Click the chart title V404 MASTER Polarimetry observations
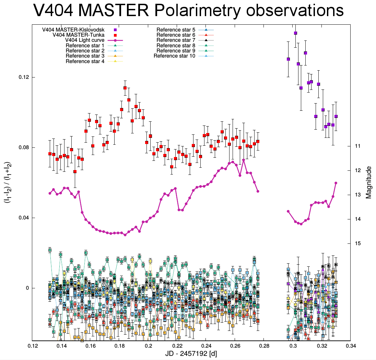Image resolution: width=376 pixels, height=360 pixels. pos(188,11)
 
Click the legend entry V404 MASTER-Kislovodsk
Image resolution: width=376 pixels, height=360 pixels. pos(78,29)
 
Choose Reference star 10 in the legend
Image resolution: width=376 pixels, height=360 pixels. pos(174,56)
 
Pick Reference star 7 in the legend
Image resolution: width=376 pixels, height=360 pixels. pos(176,40)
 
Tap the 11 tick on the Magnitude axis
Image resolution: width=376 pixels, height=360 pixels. pos(357,146)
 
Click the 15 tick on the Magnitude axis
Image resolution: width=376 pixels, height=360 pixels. pos(357,243)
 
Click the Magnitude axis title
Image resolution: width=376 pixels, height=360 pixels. pos(369,182)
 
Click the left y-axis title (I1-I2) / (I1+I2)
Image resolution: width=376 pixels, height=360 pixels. pos(8,182)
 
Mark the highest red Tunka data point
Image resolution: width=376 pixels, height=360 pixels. pos(125,88)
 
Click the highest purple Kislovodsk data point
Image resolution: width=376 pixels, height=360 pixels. pos(295,33)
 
